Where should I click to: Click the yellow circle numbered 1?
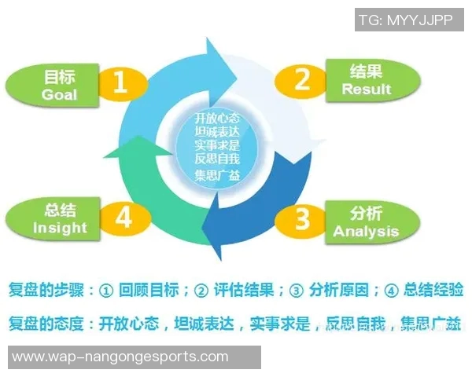[x=120, y=82]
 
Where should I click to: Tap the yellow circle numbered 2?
[x=301, y=79]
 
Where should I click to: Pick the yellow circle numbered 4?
[x=122, y=217]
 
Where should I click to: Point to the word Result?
[x=366, y=90]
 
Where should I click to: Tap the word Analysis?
[x=366, y=232]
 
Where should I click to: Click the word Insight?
[x=60, y=228]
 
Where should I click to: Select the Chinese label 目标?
[x=60, y=76]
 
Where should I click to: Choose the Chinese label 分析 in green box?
[x=366, y=214]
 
